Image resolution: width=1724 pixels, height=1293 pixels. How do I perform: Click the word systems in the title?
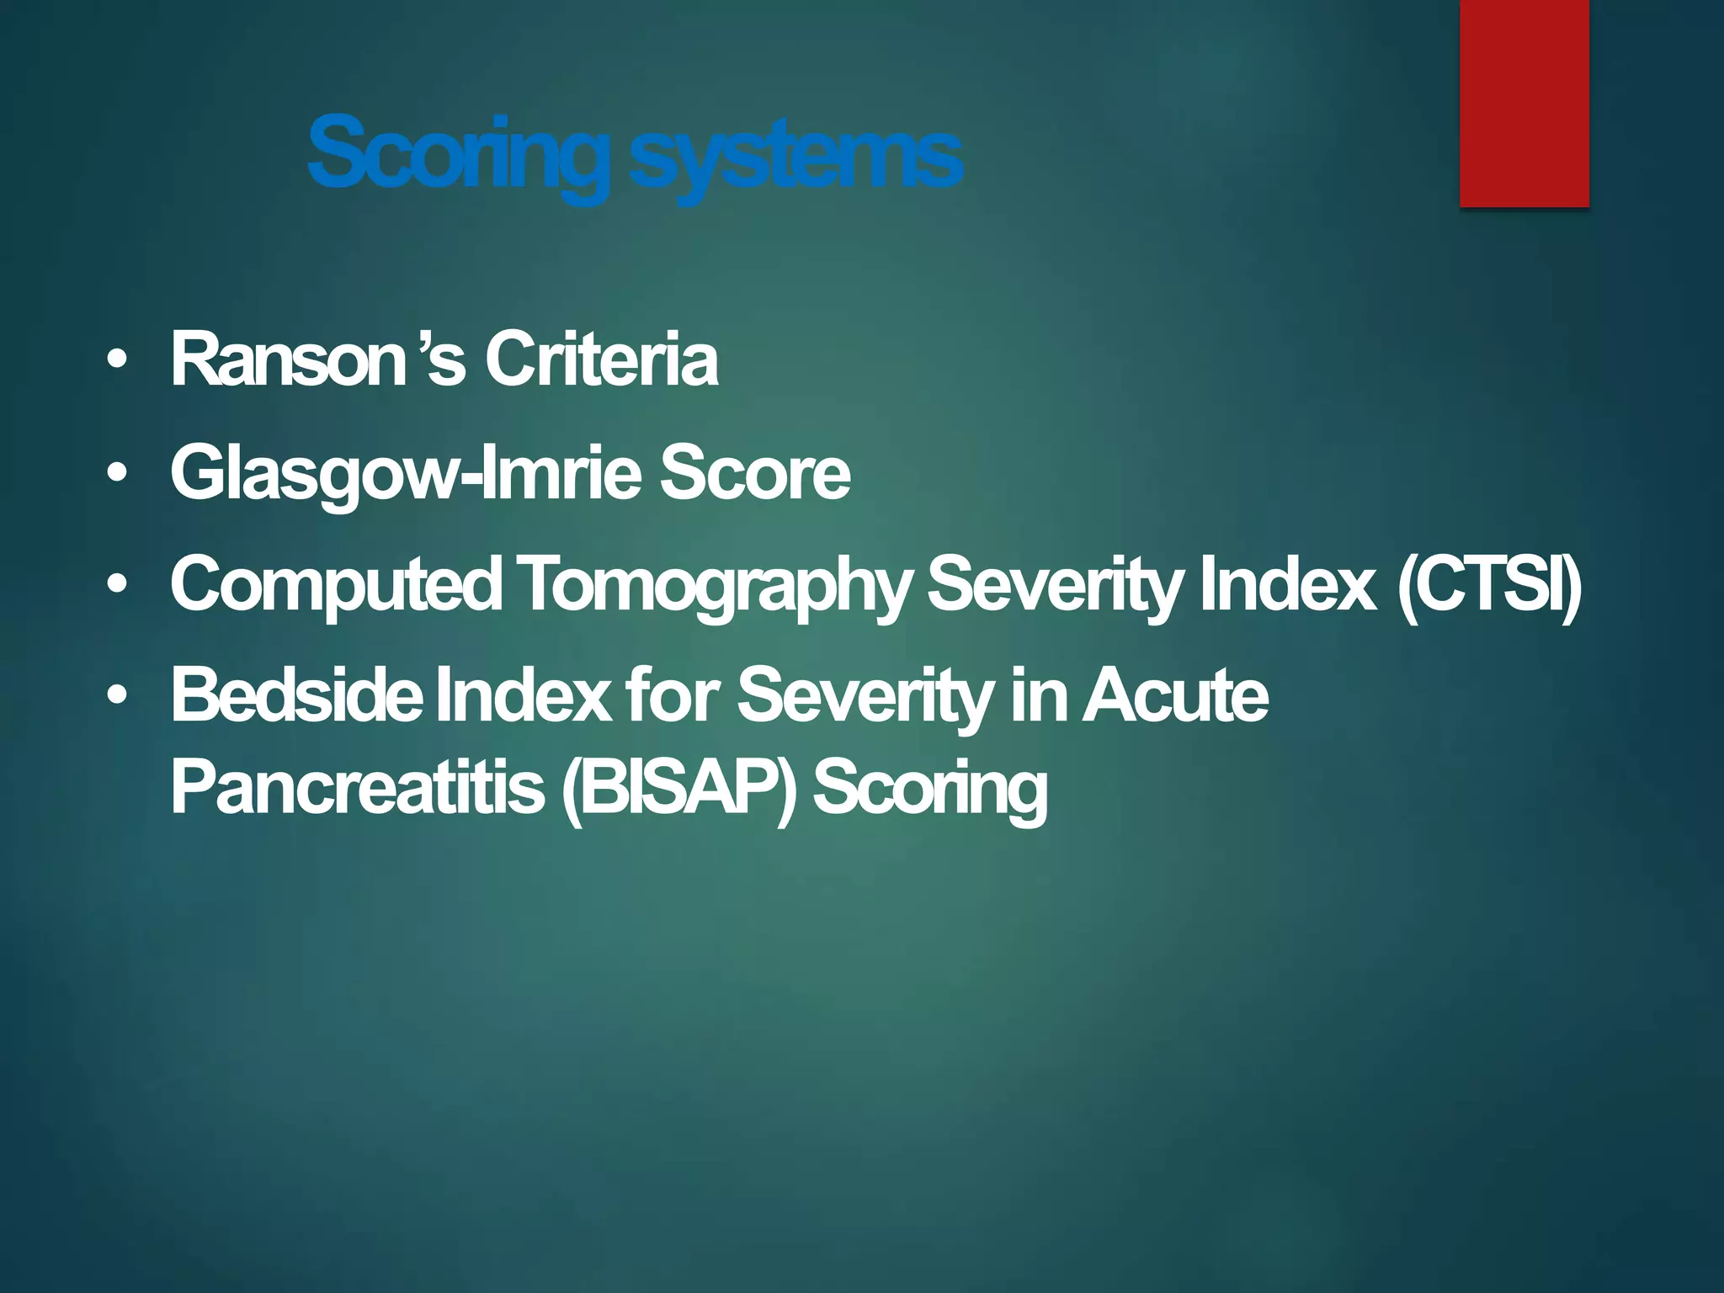795,157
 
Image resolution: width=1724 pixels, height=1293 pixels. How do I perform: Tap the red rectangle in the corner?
1524,103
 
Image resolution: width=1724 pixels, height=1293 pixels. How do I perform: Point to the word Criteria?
601,360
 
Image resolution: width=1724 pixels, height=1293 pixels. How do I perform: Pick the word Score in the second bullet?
754,472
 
